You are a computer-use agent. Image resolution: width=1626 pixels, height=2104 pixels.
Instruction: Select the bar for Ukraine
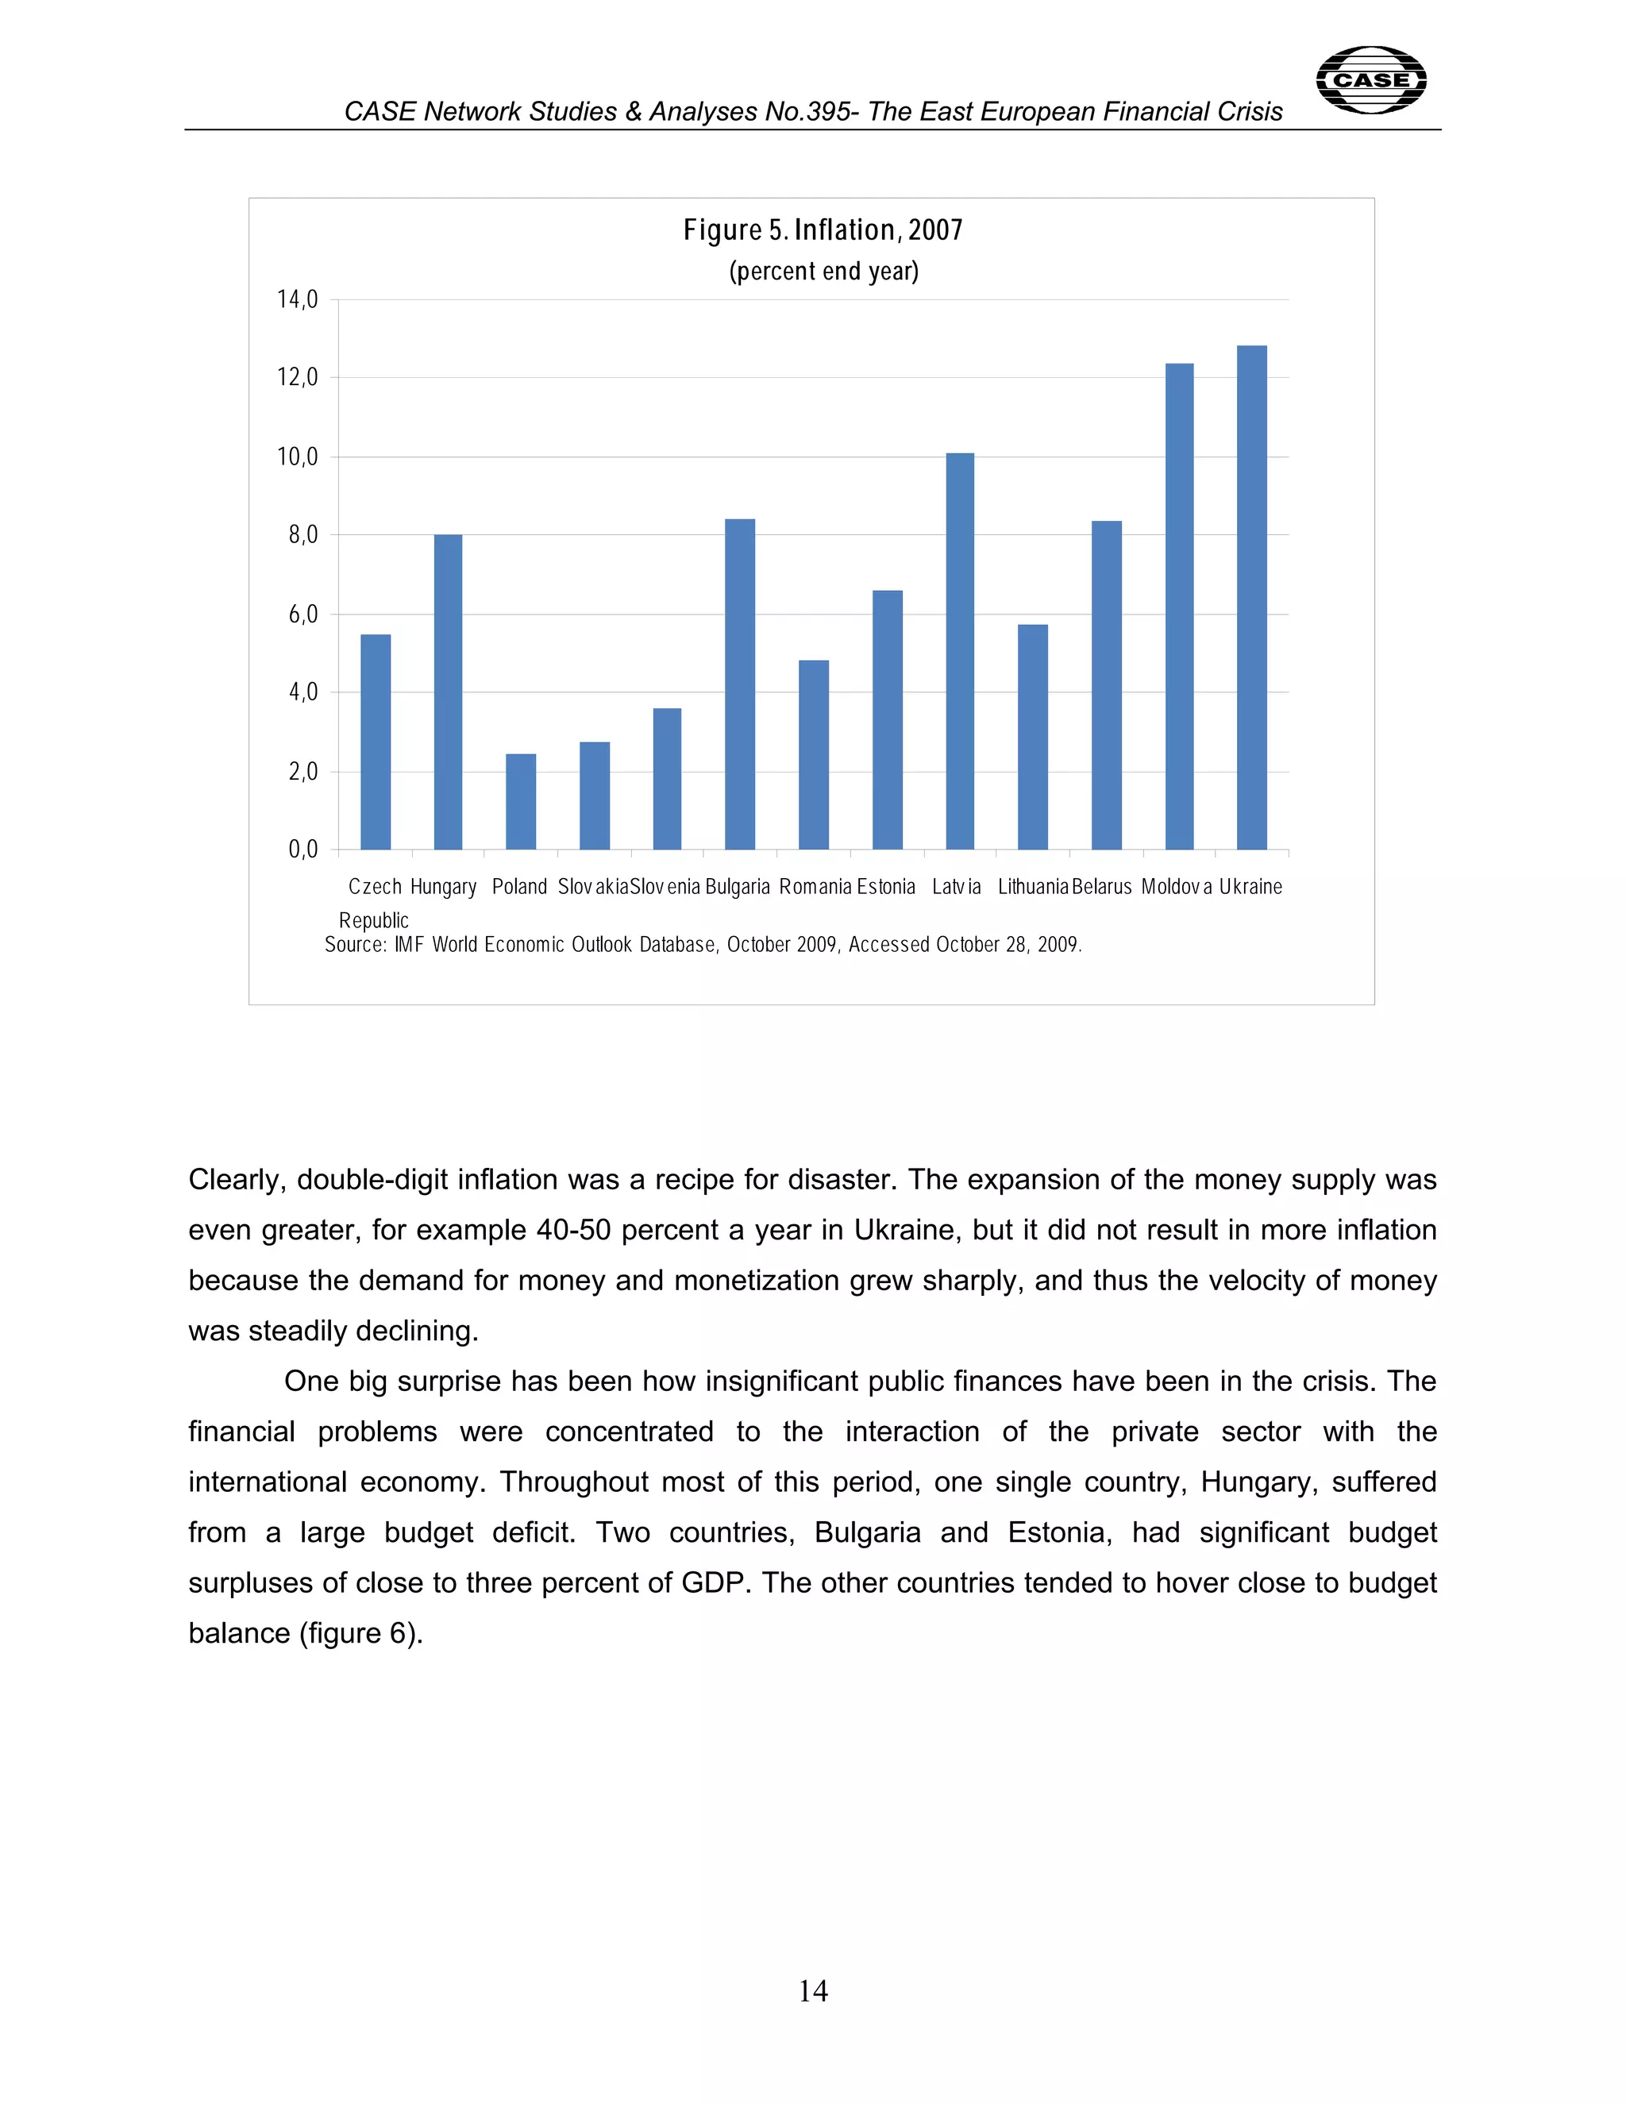[x=1251, y=597]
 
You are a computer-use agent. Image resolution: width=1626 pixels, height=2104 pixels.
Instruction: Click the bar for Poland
[x=520, y=802]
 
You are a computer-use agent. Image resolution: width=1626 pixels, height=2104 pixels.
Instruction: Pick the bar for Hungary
[x=448, y=692]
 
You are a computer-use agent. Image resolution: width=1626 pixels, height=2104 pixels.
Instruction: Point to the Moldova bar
[x=1179, y=607]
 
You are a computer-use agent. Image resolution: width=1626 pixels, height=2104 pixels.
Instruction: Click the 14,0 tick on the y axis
[x=297, y=299]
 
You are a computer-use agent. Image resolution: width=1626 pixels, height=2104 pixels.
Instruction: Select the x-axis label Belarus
[x=1101, y=886]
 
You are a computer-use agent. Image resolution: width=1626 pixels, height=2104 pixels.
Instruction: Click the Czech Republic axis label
[x=375, y=903]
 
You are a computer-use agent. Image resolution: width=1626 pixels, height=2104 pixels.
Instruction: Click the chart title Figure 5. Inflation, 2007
[x=823, y=230]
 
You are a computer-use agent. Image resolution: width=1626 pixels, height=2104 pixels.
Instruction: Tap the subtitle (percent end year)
[x=823, y=272]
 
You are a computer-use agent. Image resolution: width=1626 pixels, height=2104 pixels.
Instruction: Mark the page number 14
[x=812, y=1991]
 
